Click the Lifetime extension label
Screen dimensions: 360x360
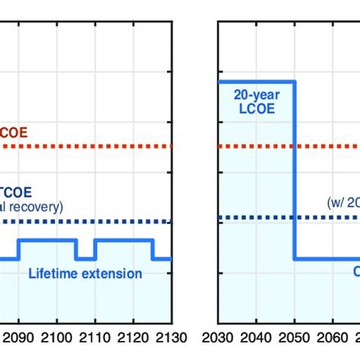(x=85, y=273)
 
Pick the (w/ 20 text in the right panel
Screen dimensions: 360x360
(x=342, y=203)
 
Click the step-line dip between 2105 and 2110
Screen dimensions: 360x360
(x=85, y=258)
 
